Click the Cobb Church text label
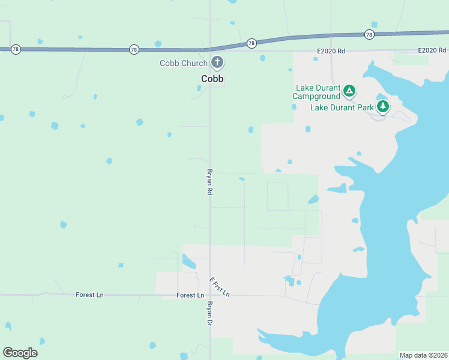(183, 63)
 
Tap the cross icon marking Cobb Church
(217, 62)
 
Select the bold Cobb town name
(212, 79)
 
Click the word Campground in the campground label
(316, 96)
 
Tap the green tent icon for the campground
(349, 92)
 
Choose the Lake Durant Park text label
(342, 108)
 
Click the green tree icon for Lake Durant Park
(383, 107)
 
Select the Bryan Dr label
(210, 313)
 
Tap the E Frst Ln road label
(220, 287)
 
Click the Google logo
(20, 353)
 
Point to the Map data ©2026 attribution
(423, 355)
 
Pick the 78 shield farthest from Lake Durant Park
(16, 49)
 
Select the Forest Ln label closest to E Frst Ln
(190, 295)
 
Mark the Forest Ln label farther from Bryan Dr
(89, 295)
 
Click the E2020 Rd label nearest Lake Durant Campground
(331, 52)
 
